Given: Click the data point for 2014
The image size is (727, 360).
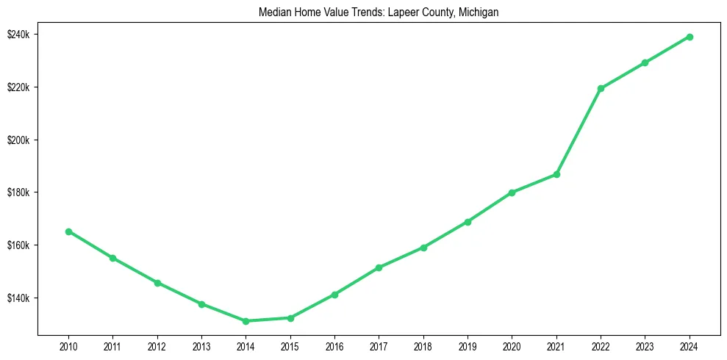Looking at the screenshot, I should pyautogui.click(x=246, y=321).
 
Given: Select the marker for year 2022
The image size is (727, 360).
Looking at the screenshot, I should pyautogui.click(x=601, y=88).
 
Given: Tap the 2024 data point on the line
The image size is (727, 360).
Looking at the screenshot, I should pyautogui.click(x=690, y=37).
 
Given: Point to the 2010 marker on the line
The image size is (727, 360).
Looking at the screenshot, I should pyautogui.click(x=68, y=231).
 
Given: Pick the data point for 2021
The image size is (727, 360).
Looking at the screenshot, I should pyautogui.click(x=556, y=174).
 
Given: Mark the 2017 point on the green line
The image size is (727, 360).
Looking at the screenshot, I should pyautogui.click(x=379, y=267).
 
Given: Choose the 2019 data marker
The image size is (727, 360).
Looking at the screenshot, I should pyautogui.click(x=468, y=222).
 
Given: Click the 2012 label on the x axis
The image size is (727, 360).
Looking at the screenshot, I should pyautogui.click(x=157, y=346).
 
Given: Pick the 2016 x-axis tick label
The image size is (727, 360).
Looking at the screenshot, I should pyautogui.click(x=334, y=346).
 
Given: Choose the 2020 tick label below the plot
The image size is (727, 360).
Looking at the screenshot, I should pyautogui.click(x=512, y=346).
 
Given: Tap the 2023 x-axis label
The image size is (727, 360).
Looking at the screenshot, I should pyautogui.click(x=645, y=346).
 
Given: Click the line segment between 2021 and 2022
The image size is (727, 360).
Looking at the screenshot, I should pyautogui.click(x=579, y=132).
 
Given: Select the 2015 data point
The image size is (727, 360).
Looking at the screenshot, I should pyautogui.click(x=290, y=318).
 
